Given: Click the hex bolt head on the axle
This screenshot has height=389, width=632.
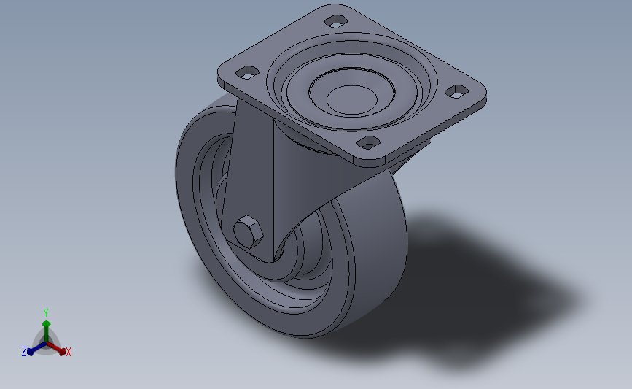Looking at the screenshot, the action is (x=248, y=231).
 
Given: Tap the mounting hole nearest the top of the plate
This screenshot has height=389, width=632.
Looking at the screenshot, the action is (x=336, y=21).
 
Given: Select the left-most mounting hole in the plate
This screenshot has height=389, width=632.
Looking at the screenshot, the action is (x=247, y=73).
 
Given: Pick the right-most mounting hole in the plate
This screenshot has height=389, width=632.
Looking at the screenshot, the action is (x=456, y=92).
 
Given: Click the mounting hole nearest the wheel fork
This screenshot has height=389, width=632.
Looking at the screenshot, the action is (x=369, y=142).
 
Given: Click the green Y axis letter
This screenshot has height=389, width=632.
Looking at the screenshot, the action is (x=45, y=313).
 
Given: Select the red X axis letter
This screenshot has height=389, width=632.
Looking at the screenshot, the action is (x=68, y=352).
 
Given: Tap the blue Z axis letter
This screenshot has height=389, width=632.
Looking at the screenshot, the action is (x=24, y=352).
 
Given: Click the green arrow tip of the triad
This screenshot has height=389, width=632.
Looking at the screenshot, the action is (x=46, y=323).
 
